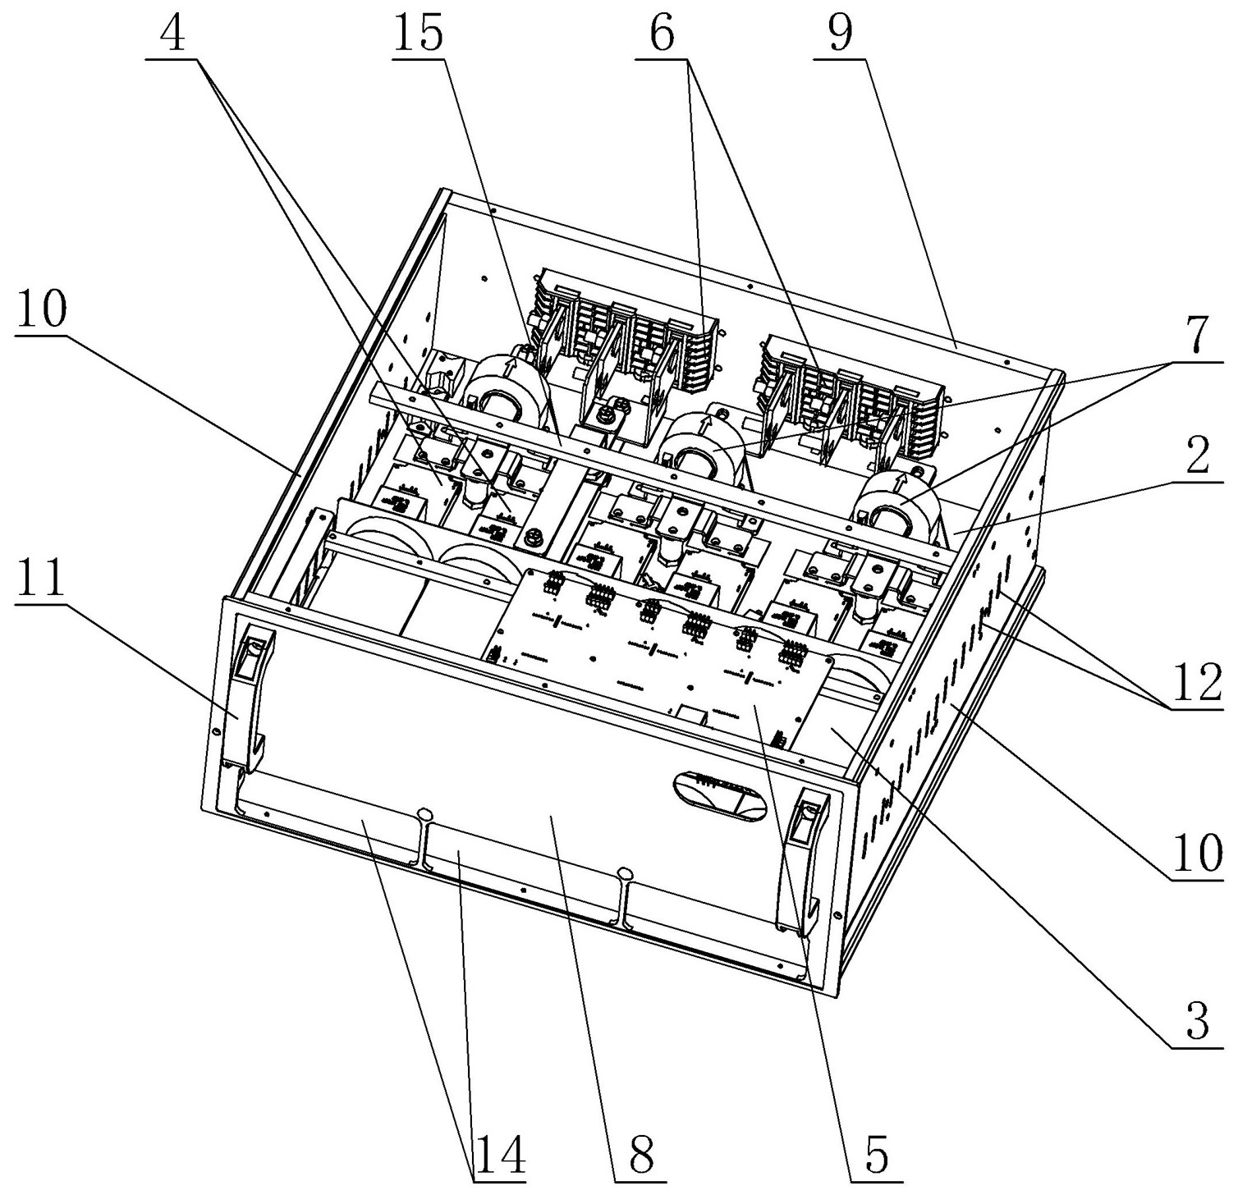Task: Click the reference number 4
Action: pyautogui.click(x=173, y=35)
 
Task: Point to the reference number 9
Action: pyautogui.click(x=840, y=35)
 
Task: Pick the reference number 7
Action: pyautogui.click(x=1198, y=335)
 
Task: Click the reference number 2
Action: pyautogui.click(x=1198, y=460)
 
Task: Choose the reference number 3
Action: pyautogui.click(x=1198, y=1023)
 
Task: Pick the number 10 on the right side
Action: pyautogui.click(x=1198, y=854)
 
